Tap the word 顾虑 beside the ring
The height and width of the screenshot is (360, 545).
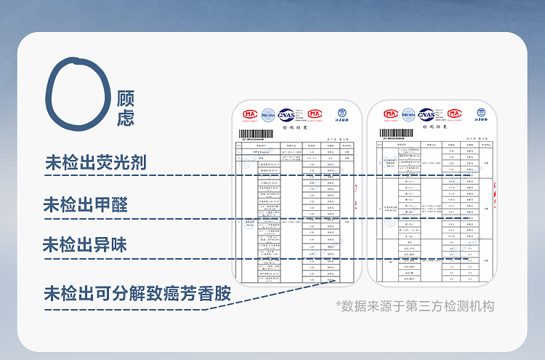click(125, 108)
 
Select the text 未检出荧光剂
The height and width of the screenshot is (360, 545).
click(95, 163)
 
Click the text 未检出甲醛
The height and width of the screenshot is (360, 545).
click(85, 204)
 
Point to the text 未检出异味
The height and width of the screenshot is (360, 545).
click(84, 245)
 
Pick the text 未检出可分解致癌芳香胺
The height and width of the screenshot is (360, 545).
click(137, 294)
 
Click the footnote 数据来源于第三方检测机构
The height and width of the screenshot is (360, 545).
click(415, 306)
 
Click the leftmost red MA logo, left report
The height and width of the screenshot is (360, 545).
click(250, 114)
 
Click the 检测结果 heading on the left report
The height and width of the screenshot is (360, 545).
click(291, 127)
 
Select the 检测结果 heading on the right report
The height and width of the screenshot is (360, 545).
click(429, 127)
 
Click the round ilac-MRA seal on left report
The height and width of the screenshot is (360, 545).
click(268, 114)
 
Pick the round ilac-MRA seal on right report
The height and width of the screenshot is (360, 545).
click(408, 114)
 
